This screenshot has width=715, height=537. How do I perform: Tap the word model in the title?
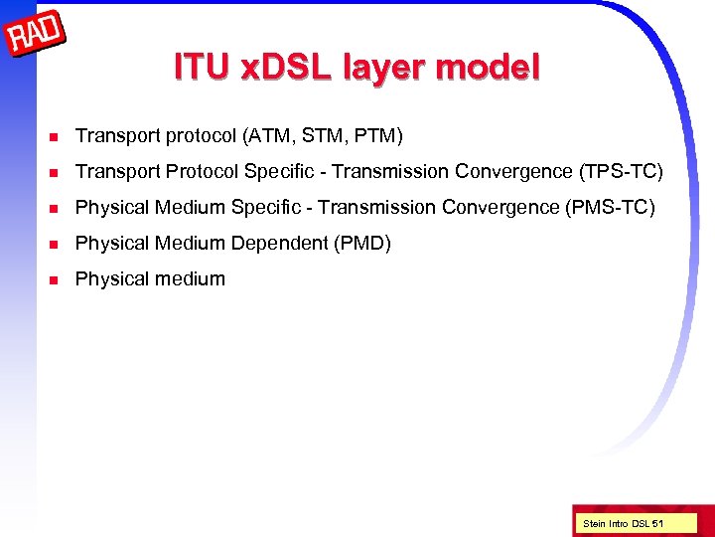click(488, 68)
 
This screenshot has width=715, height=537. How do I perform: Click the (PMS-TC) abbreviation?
click(610, 207)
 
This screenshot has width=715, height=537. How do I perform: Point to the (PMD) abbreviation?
click(362, 243)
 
